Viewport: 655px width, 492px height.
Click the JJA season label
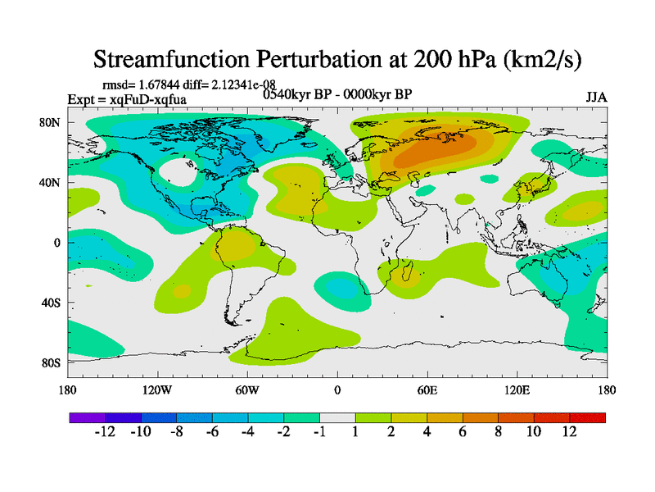point(596,97)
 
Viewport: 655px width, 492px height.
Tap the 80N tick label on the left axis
point(52,122)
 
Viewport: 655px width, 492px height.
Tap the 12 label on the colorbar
point(569,432)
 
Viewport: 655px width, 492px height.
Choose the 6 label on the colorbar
point(462,432)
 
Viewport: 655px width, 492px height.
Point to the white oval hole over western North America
point(178,172)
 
